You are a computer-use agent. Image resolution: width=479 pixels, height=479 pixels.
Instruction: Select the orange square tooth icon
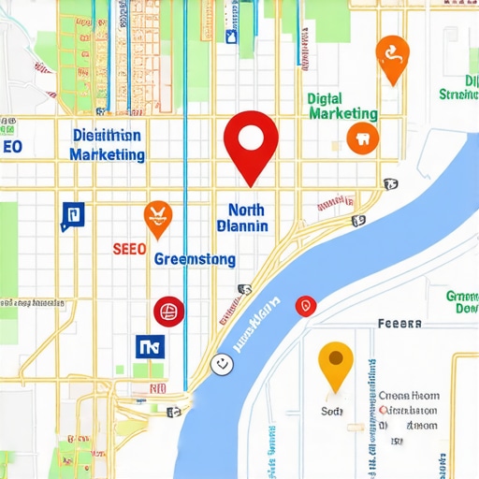[361, 138]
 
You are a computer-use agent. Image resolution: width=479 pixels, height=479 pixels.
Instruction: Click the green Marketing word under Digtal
[342, 114]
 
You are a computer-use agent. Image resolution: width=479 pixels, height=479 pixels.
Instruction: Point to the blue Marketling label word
[107, 153]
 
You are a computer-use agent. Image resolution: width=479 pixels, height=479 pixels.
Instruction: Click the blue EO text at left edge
[10, 147]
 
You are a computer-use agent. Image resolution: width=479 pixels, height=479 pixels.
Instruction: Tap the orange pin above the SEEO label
[158, 218]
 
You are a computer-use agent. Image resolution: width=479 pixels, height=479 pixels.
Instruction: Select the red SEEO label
[128, 250]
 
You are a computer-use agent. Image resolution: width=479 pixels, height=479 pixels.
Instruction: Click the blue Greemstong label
[195, 258]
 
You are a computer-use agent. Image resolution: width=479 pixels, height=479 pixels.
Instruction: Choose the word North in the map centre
[246, 210]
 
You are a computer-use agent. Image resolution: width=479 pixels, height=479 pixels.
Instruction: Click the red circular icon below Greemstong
[169, 311]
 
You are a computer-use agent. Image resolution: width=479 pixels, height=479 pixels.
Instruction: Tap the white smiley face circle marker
[222, 363]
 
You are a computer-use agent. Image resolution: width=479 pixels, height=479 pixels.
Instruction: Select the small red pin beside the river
[305, 305]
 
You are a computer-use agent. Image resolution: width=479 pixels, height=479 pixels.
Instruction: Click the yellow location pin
[336, 364]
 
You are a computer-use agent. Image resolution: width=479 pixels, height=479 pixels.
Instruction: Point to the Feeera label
[399, 324]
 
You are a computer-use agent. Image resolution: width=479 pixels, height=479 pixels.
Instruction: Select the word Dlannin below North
[242, 226]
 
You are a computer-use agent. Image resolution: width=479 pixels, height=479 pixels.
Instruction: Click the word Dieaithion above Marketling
[107, 135]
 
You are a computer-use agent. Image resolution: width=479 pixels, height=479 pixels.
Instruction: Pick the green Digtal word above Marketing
[325, 97]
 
